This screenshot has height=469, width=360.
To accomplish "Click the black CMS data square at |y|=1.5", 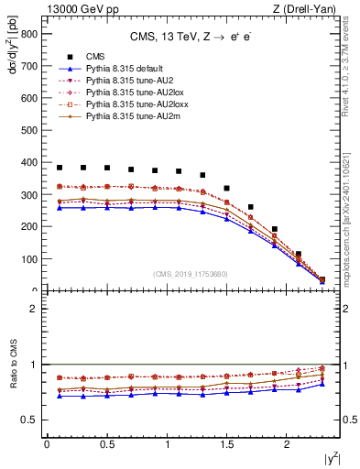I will click(x=226, y=188).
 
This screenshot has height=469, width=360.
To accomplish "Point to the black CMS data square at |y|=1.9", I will click(x=275, y=229).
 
